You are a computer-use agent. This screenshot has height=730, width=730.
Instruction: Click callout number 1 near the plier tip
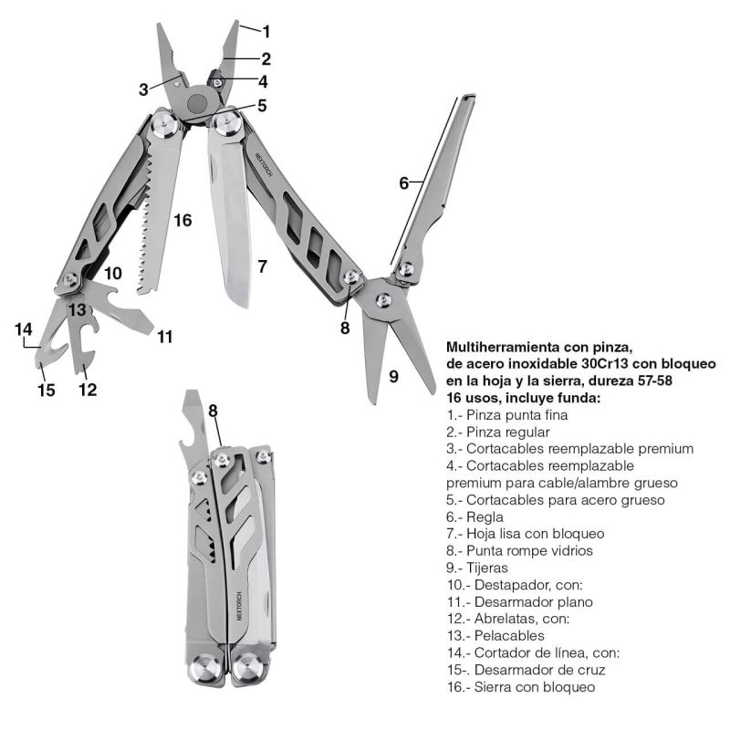(x=266, y=32)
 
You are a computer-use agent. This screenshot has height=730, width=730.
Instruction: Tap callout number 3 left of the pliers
(x=143, y=89)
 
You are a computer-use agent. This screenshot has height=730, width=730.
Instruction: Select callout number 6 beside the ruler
(x=403, y=182)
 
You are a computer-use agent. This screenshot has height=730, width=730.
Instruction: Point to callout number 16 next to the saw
(x=183, y=220)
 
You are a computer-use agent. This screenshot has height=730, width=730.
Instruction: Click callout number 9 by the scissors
(x=394, y=375)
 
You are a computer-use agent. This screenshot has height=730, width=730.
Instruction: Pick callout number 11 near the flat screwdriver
(x=164, y=337)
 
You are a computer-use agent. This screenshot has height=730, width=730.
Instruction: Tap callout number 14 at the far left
(x=23, y=328)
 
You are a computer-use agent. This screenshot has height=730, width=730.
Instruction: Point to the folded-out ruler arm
(x=438, y=182)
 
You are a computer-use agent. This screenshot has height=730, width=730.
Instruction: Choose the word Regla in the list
(x=485, y=516)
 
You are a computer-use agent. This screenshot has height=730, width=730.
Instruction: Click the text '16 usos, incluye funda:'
(x=523, y=398)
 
